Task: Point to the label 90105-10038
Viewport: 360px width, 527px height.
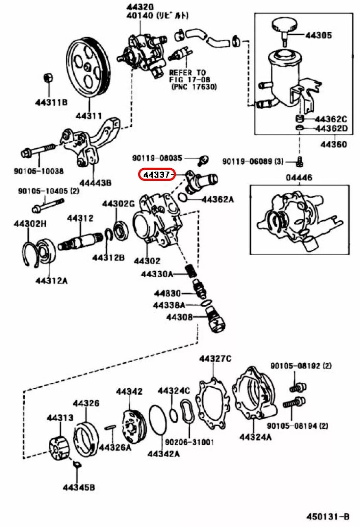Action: [x=39, y=171]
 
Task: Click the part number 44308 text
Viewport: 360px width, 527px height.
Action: [x=179, y=317]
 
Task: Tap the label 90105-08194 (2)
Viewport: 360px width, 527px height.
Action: [x=297, y=426]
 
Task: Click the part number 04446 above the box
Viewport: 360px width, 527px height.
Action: [x=299, y=178]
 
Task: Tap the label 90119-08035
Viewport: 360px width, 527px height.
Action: [x=157, y=158]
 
